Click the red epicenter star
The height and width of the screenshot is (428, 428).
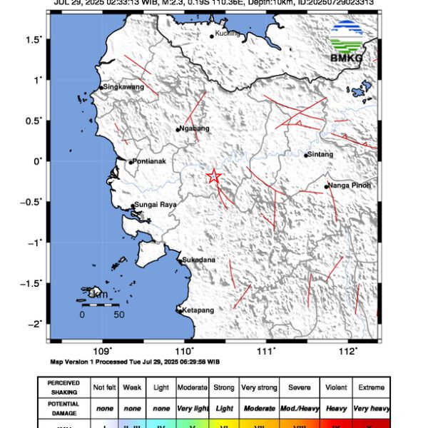(213, 176)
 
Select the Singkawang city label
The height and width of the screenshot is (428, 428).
(124, 86)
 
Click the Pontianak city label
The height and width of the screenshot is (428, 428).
(150, 161)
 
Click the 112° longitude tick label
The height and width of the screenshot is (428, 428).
(348, 351)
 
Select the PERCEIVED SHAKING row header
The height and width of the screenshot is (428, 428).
(63, 387)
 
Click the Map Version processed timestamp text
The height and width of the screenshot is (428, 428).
(134, 362)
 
